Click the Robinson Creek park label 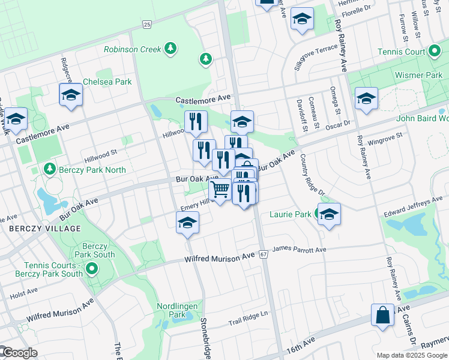(133, 49)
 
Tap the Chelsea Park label (107, 82)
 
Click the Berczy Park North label (92, 170)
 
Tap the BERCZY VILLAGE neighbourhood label (45, 229)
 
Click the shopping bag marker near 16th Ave (383, 314)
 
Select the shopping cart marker (221, 190)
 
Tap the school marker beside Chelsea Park (71, 95)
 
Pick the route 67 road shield (264, 254)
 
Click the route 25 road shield (147, 24)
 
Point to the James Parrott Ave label (300, 249)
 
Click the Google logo (20, 353)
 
